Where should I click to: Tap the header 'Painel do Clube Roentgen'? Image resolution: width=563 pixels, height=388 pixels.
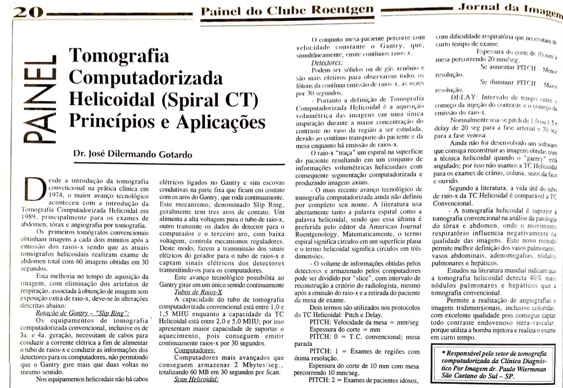click(287, 9)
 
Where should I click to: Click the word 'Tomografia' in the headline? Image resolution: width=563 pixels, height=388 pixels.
click(119, 56)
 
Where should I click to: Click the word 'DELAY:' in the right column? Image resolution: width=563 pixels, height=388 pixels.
click(467, 97)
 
